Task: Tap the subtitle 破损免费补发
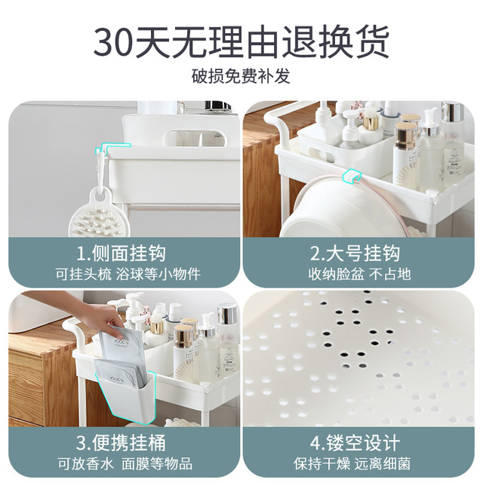pyautogui.click(x=241, y=75)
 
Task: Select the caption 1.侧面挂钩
pyautogui.click(x=121, y=254)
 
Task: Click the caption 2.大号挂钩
pyautogui.click(x=355, y=254)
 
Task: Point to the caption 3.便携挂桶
pyautogui.click(x=121, y=443)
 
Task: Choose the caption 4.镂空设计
pyautogui.click(x=355, y=443)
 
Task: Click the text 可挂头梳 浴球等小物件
pyautogui.click(x=128, y=274)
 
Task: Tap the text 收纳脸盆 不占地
pyautogui.click(x=359, y=274)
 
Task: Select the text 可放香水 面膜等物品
pyautogui.click(x=125, y=463)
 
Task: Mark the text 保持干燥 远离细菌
pyautogui.click(x=352, y=463)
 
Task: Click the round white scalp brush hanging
pyautogui.click(x=99, y=216)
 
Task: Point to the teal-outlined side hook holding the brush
pyautogui.click(x=103, y=157)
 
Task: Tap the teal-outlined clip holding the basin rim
pyautogui.click(x=352, y=176)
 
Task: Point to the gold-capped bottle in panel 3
pyautogui.click(x=184, y=350)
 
